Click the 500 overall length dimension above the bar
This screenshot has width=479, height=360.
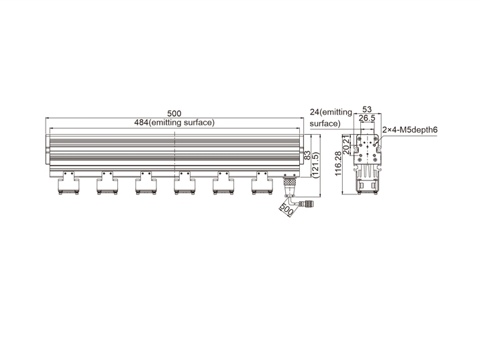(174, 113)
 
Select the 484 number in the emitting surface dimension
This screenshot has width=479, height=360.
(141, 123)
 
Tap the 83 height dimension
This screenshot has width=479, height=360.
(308, 156)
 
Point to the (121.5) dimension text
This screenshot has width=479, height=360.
(315, 165)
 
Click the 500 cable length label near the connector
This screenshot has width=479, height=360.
(286, 209)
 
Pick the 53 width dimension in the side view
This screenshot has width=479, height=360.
(366, 109)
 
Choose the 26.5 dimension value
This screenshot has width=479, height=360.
(366, 118)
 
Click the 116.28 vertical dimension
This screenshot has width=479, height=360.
(338, 164)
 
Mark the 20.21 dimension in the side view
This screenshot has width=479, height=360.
(346, 145)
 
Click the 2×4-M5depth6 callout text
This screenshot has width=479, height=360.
(410, 130)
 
